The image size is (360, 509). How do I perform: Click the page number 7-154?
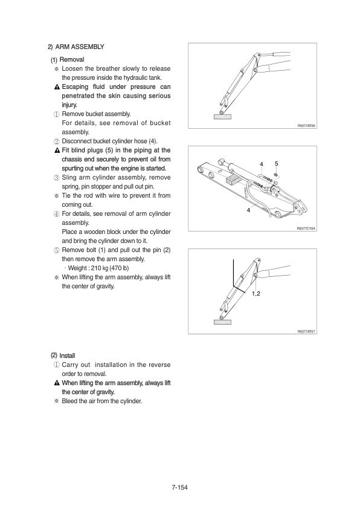click(x=179, y=487)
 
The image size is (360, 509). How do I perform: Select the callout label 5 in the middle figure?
click(x=276, y=164)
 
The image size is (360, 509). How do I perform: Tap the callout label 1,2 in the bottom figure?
click(x=256, y=294)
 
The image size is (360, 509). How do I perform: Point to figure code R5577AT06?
click(x=306, y=126)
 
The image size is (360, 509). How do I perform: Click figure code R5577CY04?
click(x=306, y=229)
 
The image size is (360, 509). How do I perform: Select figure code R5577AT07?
click(x=306, y=331)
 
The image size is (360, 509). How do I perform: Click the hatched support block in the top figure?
click(x=222, y=117)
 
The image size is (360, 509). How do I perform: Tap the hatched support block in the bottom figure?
click(x=222, y=322)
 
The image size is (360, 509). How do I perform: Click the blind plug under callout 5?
click(x=275, y=175)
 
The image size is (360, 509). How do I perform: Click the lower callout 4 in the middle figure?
click(x=248, y=210)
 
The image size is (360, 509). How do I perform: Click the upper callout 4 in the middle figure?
click(x=262, y=164)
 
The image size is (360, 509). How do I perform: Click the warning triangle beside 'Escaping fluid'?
click(x=57, y=87)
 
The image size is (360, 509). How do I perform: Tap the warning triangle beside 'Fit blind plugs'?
click(x=57, y=151)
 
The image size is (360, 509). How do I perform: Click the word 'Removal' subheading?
click(x=72, y=60)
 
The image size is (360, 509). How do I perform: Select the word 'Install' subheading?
click(x=67, y=356)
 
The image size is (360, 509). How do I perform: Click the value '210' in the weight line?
click(x=96, y=268)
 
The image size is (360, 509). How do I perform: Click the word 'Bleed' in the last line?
click(x=69, y=401)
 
